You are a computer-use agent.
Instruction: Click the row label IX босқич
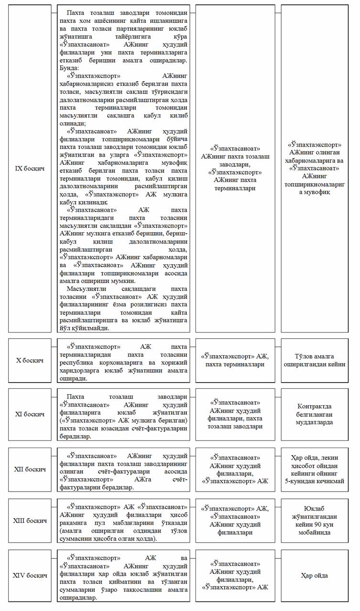click(30, 169)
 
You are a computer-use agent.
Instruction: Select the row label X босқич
click(30, 360)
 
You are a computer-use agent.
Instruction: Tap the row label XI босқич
click(30, 414)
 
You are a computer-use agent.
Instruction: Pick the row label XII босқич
click(30, 469)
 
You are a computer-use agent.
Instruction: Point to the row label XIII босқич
click(30, 520)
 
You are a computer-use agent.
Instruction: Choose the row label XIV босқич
click(30, 576)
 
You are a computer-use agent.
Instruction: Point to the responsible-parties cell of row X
click(235, 360)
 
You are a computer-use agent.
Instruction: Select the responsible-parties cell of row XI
click(235, 414)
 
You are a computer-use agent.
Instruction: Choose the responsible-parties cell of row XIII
click(235, 520)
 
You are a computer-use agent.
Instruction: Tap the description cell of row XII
click(123, 469)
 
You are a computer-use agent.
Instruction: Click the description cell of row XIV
click(123, 576)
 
